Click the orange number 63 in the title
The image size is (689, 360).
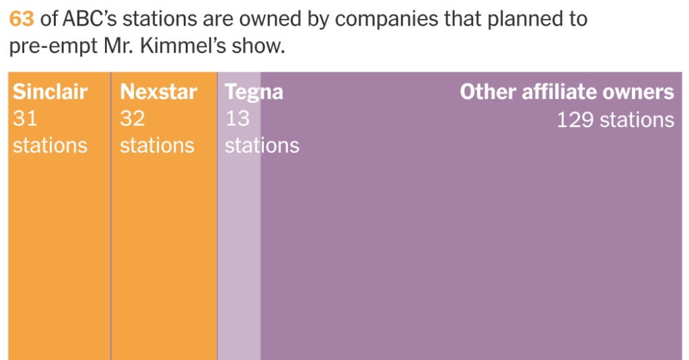coord(21,18)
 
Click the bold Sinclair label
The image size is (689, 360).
coord(50,92)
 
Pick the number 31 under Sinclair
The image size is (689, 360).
coord(25,118)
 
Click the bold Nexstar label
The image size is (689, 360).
coord(158,92)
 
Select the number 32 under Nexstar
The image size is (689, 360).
coord(132,118)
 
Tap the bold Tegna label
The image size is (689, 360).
coord(254,92)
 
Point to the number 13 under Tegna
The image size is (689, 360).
coord(237,118)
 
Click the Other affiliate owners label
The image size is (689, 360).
coord(567,92)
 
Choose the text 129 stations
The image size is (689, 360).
coord(615,120)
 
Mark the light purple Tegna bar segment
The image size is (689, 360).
coord(239,256)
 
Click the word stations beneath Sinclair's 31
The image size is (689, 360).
coord(50,145)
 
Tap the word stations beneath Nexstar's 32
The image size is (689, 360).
coord(157,145)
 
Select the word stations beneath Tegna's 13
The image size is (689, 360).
coord(262,145)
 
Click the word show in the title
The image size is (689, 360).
coord(262,47)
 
